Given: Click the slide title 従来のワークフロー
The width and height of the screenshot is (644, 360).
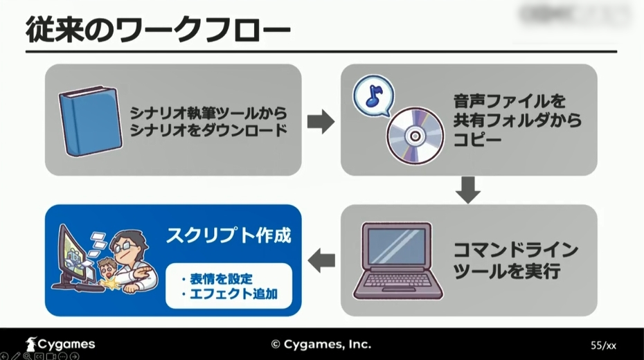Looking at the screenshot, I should [x=159, y=30].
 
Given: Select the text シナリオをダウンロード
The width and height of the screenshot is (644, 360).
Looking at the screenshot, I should [x=208, y=129].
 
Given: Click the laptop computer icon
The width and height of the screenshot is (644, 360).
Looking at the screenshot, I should [x=397, y=260].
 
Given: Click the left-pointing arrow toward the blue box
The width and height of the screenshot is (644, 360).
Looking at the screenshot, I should [x=321, y=260].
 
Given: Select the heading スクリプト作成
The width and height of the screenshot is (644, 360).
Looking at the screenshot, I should [x=228, y=236].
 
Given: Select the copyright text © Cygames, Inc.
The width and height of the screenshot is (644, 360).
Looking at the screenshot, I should [x=321, y=343].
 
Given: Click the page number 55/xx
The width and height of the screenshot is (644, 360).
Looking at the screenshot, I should [x=603, y=345].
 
